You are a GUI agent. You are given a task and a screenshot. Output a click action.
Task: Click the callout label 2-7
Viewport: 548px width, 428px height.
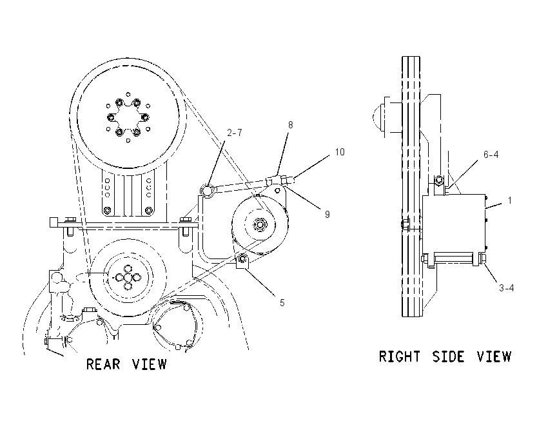point(234,133)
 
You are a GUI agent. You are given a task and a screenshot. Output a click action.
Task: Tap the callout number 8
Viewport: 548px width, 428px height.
point(290,125)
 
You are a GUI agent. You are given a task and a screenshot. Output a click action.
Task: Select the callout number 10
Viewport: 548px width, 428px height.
point(340,152)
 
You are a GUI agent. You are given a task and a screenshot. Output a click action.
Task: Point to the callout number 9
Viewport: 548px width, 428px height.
point(327,214)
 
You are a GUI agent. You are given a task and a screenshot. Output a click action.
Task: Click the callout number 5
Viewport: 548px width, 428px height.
point(282,303)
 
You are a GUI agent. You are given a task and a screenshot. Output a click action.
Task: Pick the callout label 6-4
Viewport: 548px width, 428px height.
point(491,155)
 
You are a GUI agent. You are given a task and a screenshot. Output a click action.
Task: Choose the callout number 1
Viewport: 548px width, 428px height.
point(509,200)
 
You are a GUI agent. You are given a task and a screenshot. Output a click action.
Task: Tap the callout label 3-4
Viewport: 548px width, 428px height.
point(506,288)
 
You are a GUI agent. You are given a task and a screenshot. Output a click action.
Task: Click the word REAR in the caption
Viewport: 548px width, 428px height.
point(103,364)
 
